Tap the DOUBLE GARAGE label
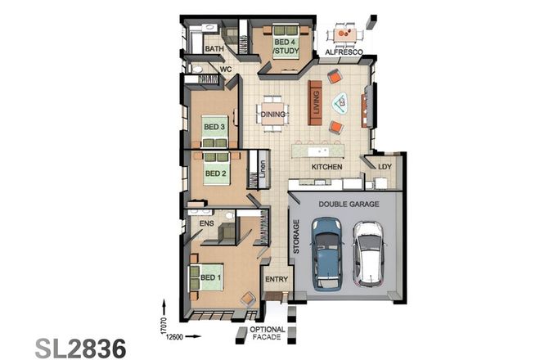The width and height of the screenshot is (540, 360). pyautogui.click(x=349, y=203)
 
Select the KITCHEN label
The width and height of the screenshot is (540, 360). pyautogui.click(x=326, y=167)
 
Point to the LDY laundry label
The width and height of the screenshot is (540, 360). pyautogui.click(x=385, y=167)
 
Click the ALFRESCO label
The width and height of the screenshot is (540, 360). pyautogui.click(x=344, y=52)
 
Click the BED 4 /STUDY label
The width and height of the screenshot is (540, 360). pyautogui.click(x=286, y=47)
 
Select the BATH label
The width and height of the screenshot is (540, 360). pyautogui.click(x=214, y=49)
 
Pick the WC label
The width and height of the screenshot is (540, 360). pyautogui.click(x=227, y=70)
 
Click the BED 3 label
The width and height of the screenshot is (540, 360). pyautogui.click(x=214, y=127)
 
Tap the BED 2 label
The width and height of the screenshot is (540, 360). pyautogui.click(x=214, y=173)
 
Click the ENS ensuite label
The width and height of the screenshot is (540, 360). pyautogui.click(x=206, y=222)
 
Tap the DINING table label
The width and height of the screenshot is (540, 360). pyautogui.click(x=272, y=115)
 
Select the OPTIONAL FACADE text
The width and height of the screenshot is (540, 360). pyautogui.click(x=267, y=335)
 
